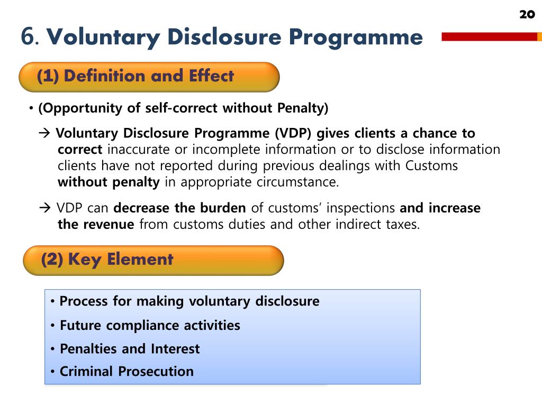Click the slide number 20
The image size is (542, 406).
click(527, 14)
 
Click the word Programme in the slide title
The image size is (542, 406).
click(356, 38)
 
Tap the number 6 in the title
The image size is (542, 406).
click(29, 38)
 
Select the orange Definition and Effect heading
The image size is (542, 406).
click(149, 77)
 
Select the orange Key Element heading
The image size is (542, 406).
click(153, 260)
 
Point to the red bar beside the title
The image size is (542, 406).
click(489, 36)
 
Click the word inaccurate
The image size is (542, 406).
click(140, 150)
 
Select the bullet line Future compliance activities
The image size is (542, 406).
click(149, 326)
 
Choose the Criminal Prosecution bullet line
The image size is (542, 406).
click(127, 372)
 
